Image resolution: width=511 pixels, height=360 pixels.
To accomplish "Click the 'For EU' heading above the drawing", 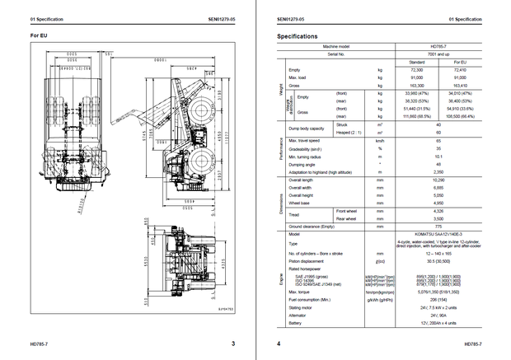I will tap(39, 36).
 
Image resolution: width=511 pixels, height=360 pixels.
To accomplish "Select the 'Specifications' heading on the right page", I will tap(298, 36).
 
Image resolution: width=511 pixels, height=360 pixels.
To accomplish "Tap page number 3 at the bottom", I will tap(232, 344).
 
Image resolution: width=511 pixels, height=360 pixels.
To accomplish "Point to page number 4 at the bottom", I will tap(279, 344).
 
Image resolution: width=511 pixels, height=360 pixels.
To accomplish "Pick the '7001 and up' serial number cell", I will tap(439, 54).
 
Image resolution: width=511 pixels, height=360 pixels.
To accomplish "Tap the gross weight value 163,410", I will tap(461, 85).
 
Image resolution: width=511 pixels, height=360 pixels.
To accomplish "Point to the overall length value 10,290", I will tap(439, 180).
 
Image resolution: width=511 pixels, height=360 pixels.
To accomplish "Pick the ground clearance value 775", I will tap(439, 226).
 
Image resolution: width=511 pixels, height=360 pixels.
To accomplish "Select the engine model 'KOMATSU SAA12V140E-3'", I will tap(439, 233).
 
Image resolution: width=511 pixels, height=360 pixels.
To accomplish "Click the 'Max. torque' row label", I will tap(302, 291).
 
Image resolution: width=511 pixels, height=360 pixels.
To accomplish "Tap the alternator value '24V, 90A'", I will tap(439, 315).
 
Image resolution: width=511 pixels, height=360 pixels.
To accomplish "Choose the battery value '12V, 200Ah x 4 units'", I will tap(439, 322).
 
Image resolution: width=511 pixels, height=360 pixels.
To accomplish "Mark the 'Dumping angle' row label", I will tap(303, 163).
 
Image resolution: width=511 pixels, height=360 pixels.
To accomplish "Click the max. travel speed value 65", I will tap(439, 140).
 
